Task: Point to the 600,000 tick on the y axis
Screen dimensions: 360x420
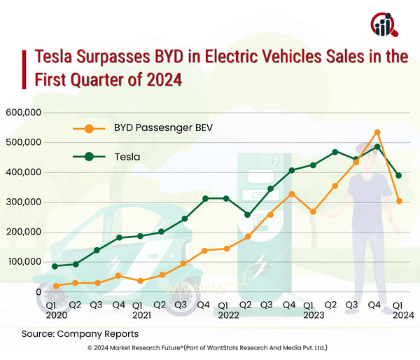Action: (x=24, y=113)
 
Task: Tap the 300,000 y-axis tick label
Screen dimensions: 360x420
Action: (x=24, y=202)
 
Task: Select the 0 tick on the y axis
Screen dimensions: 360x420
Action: (x=40, y=292)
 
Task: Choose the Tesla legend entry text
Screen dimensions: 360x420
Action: (x=127, y=157)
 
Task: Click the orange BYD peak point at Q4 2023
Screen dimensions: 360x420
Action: (x=377, y=132)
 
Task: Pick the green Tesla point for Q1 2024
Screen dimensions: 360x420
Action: (x=399, y=176)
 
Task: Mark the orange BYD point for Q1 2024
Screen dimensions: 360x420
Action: (x=399, y=201)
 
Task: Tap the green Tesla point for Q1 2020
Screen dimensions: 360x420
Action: (x=55, y=266)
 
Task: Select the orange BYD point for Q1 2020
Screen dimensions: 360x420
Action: (x=55, y=286)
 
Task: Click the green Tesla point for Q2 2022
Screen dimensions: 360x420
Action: (x=248, y=215)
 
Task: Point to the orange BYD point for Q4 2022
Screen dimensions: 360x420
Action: (x=291, y=194)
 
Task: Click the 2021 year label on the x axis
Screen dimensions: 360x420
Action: (x=141, y=315)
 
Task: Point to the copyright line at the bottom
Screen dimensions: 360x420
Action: (x=208, y=348)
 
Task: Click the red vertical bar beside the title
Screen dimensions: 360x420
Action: (x=26, y=67)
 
